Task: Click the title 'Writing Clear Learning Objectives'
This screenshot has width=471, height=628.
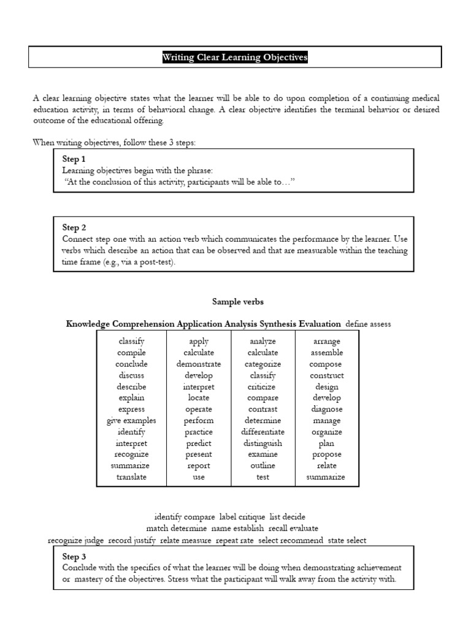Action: coord(235,58)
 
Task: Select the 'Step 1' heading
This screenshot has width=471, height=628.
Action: coord(74,159)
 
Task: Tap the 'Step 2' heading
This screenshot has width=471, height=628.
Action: coord(74,228)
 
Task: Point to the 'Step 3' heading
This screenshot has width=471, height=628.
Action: coord(74,557)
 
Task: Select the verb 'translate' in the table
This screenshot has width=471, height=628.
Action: coord(132,477)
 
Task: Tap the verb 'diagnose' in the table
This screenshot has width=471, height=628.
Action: coord(327,409)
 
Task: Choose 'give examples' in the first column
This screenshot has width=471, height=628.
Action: coord(131,421)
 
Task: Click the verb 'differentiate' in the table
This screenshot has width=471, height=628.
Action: coord(262,432)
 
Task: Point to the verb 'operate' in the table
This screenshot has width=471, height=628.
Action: coord(199,409)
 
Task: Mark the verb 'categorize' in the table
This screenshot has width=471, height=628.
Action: coord(262,364)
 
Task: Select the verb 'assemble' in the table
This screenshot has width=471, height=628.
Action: coord(327,353)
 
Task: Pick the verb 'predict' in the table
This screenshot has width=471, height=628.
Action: coord(199,443)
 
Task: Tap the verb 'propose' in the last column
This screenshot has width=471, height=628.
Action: coord(327,454)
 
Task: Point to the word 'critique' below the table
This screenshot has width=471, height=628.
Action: coord(248,517)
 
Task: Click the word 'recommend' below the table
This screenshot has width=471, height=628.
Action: coord(306,540)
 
